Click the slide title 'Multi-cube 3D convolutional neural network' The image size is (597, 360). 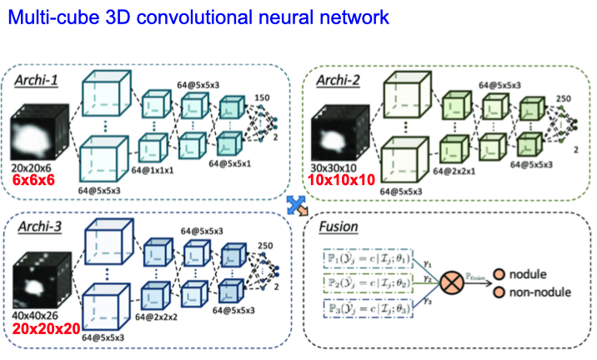point(194,16)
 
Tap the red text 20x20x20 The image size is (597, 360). point(47,328)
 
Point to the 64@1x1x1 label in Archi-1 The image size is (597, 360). point(156,169)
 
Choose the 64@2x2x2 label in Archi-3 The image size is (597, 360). point(158,317)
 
